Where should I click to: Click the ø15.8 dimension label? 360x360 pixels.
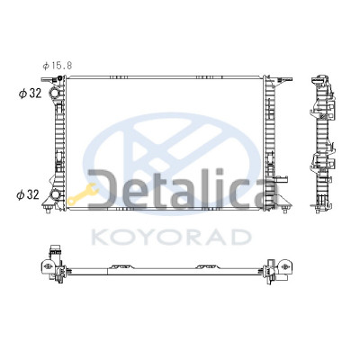click(58, 66)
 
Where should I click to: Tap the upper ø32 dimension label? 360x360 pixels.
click(30, 94)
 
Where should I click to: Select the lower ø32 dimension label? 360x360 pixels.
click(28, 195)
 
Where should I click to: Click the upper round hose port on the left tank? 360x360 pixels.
click(55, 94)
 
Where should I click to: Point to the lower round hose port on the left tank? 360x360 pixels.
click(55, 194)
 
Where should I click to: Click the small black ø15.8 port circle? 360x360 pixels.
click(59, 78)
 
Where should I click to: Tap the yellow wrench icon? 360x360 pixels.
click(83, 194)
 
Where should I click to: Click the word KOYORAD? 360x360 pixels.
click(171, 237)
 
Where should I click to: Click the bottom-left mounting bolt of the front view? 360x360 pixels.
click(48, 210)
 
